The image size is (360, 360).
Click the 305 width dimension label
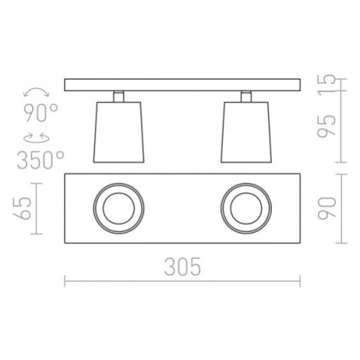tap(182, 267)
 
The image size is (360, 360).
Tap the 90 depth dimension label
tap(326, 208)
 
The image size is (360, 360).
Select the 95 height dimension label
tap(326, 126)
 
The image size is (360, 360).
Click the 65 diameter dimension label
tap(22, 208)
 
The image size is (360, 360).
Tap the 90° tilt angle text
tap(41, 113)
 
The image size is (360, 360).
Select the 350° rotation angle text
tap(41, 160)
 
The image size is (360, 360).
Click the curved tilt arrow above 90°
tap(36, 91)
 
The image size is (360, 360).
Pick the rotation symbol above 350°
tap(37, 138)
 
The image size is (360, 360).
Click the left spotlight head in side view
tap(119, 133)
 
